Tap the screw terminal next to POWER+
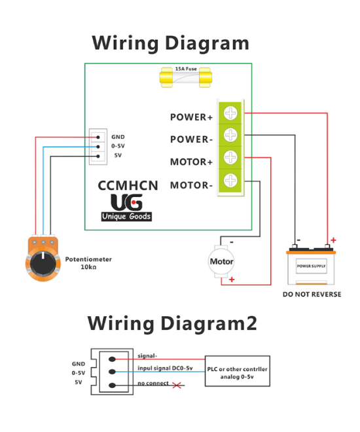[x=230, y=113]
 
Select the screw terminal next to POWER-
[x=230, y=135]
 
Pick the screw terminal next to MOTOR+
[x=230, y=157]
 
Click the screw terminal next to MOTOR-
[x=230, y=179]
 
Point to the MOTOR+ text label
[x=192, y=162]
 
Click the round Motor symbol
[x=221, y=261]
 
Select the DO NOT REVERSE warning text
[x=312, y=294]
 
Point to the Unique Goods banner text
[x=126, y=217]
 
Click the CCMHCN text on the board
[x=128, y=185]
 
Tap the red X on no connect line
[x=175, y=385]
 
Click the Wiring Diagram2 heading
[x=172, y=323]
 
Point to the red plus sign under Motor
[x=231, y=279]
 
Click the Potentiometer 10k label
[x=88, y=263]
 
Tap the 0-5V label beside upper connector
[x=118, y=146]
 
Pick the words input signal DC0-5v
[x=165, y=368]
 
